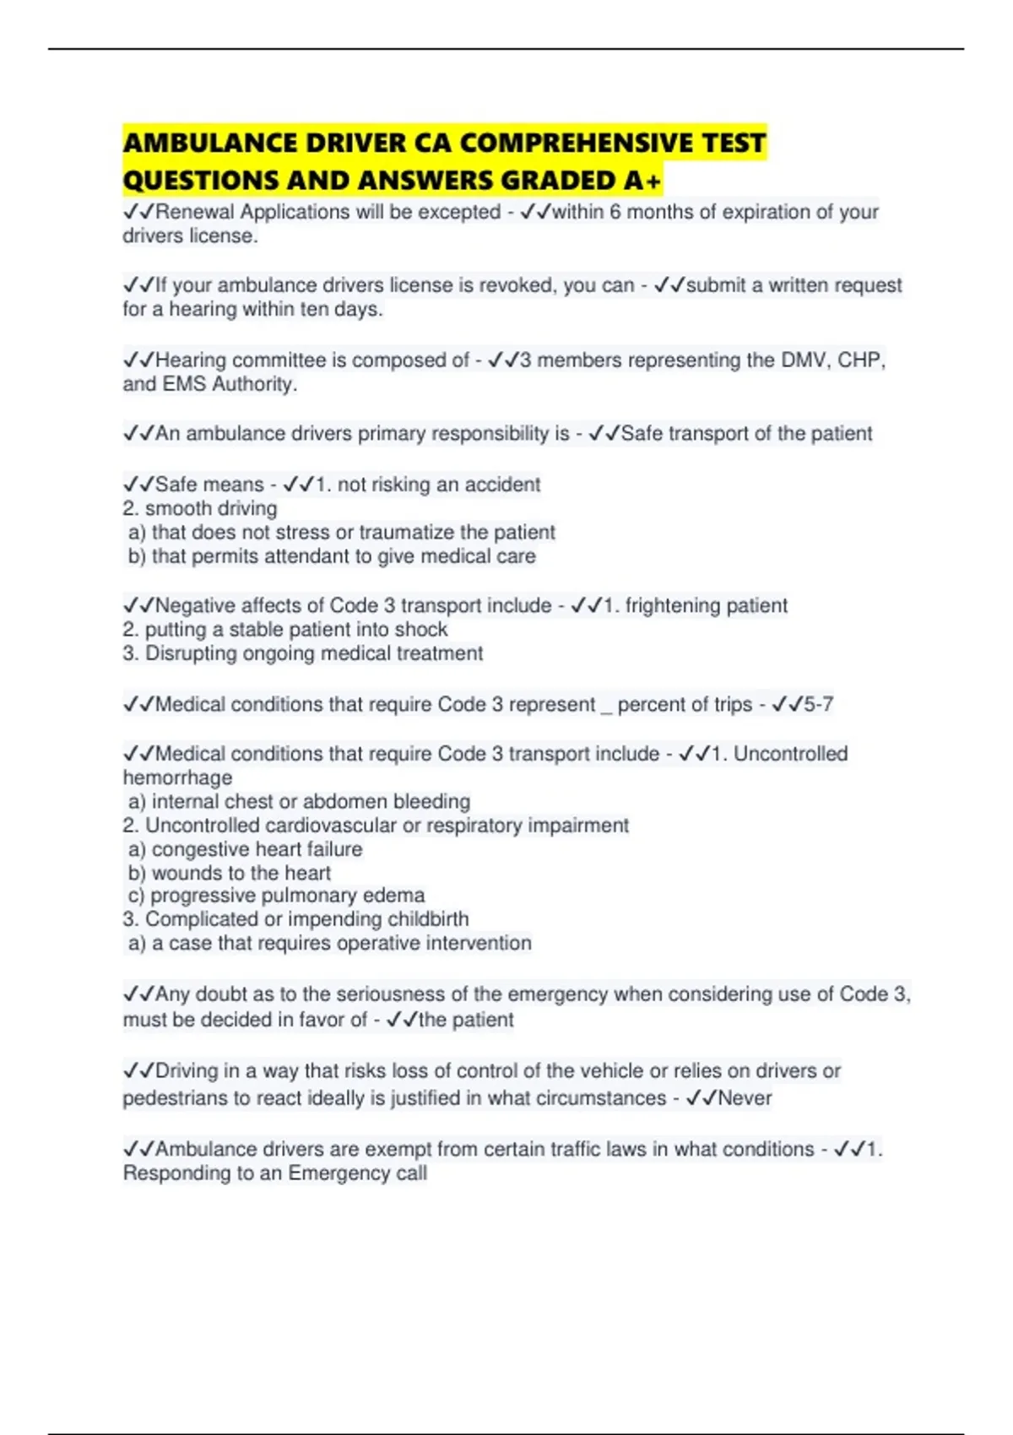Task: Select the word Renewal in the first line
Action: tap(195, 212)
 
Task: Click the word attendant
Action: tap(318, 556)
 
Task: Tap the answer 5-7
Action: tap(818, 705)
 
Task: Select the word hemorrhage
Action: tap(177, 778)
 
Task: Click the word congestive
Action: tap(200, 849)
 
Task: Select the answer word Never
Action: tap(745, 1098)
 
